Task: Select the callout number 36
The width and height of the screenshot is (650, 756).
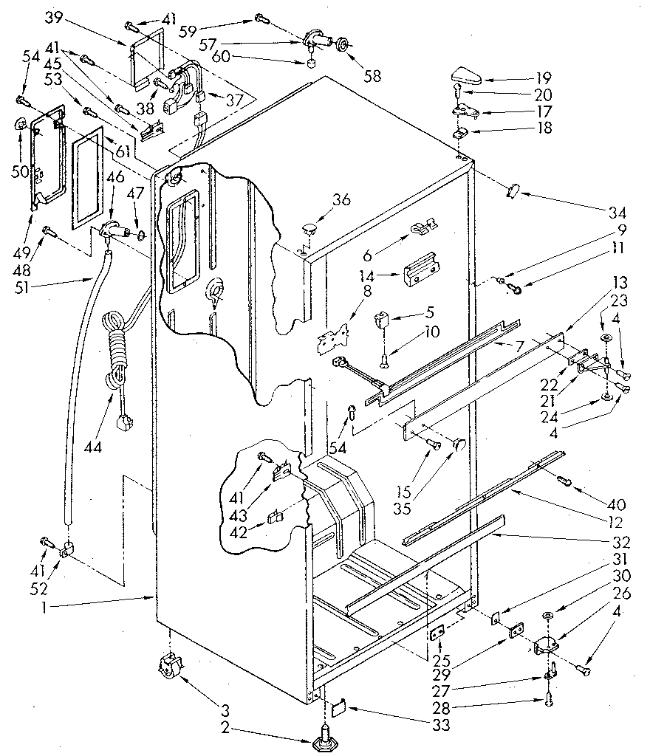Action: point(341,199)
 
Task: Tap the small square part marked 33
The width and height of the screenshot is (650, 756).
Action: point(336,709)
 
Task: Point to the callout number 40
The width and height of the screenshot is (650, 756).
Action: point(616,505)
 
